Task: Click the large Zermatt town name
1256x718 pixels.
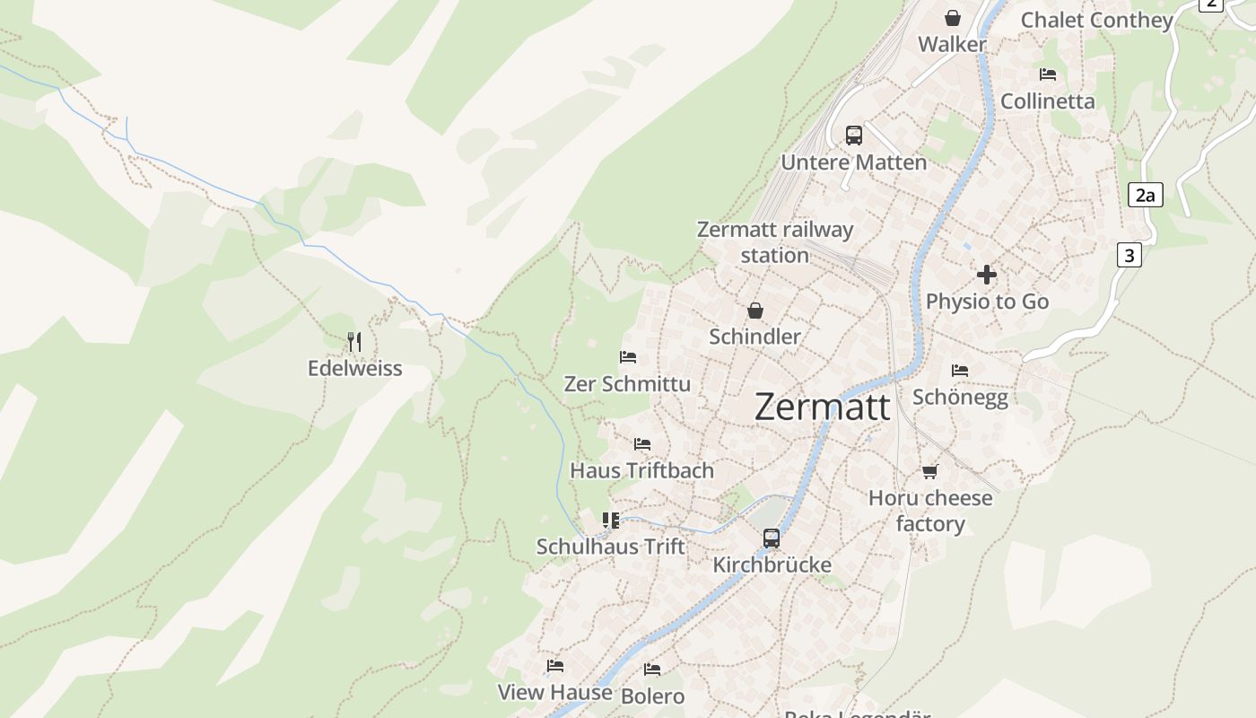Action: coord(823,407)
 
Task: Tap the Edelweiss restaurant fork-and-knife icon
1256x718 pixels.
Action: coord(354,341)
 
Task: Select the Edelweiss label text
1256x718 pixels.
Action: coord(354,368)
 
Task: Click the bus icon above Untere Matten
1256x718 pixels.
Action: coord(854,136)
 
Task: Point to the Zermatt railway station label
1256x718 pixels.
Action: coord(775,242)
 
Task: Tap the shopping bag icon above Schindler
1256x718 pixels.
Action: coord(755,311)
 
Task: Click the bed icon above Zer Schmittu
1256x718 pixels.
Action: coord(628,357)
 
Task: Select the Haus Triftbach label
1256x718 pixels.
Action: coord(642,470)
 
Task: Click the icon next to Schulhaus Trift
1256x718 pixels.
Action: coord(611,520)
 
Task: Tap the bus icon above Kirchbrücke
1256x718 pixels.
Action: coord(772,538)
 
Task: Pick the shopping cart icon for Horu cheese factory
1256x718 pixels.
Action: coord(930,471)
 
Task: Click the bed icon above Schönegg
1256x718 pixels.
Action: coord(960,370)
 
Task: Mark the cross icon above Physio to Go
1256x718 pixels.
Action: coord(987,275)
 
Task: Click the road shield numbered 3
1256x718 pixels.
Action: coord(1130,255)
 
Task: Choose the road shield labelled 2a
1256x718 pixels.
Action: coord(1145,195)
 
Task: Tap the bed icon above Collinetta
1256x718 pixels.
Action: coord(1048,74)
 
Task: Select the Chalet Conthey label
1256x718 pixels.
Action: coord(1096,20)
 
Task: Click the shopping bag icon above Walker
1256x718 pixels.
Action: coord(952,18)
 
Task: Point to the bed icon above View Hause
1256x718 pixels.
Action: coord(555,666)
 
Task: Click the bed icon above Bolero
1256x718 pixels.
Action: coord(652,670)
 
